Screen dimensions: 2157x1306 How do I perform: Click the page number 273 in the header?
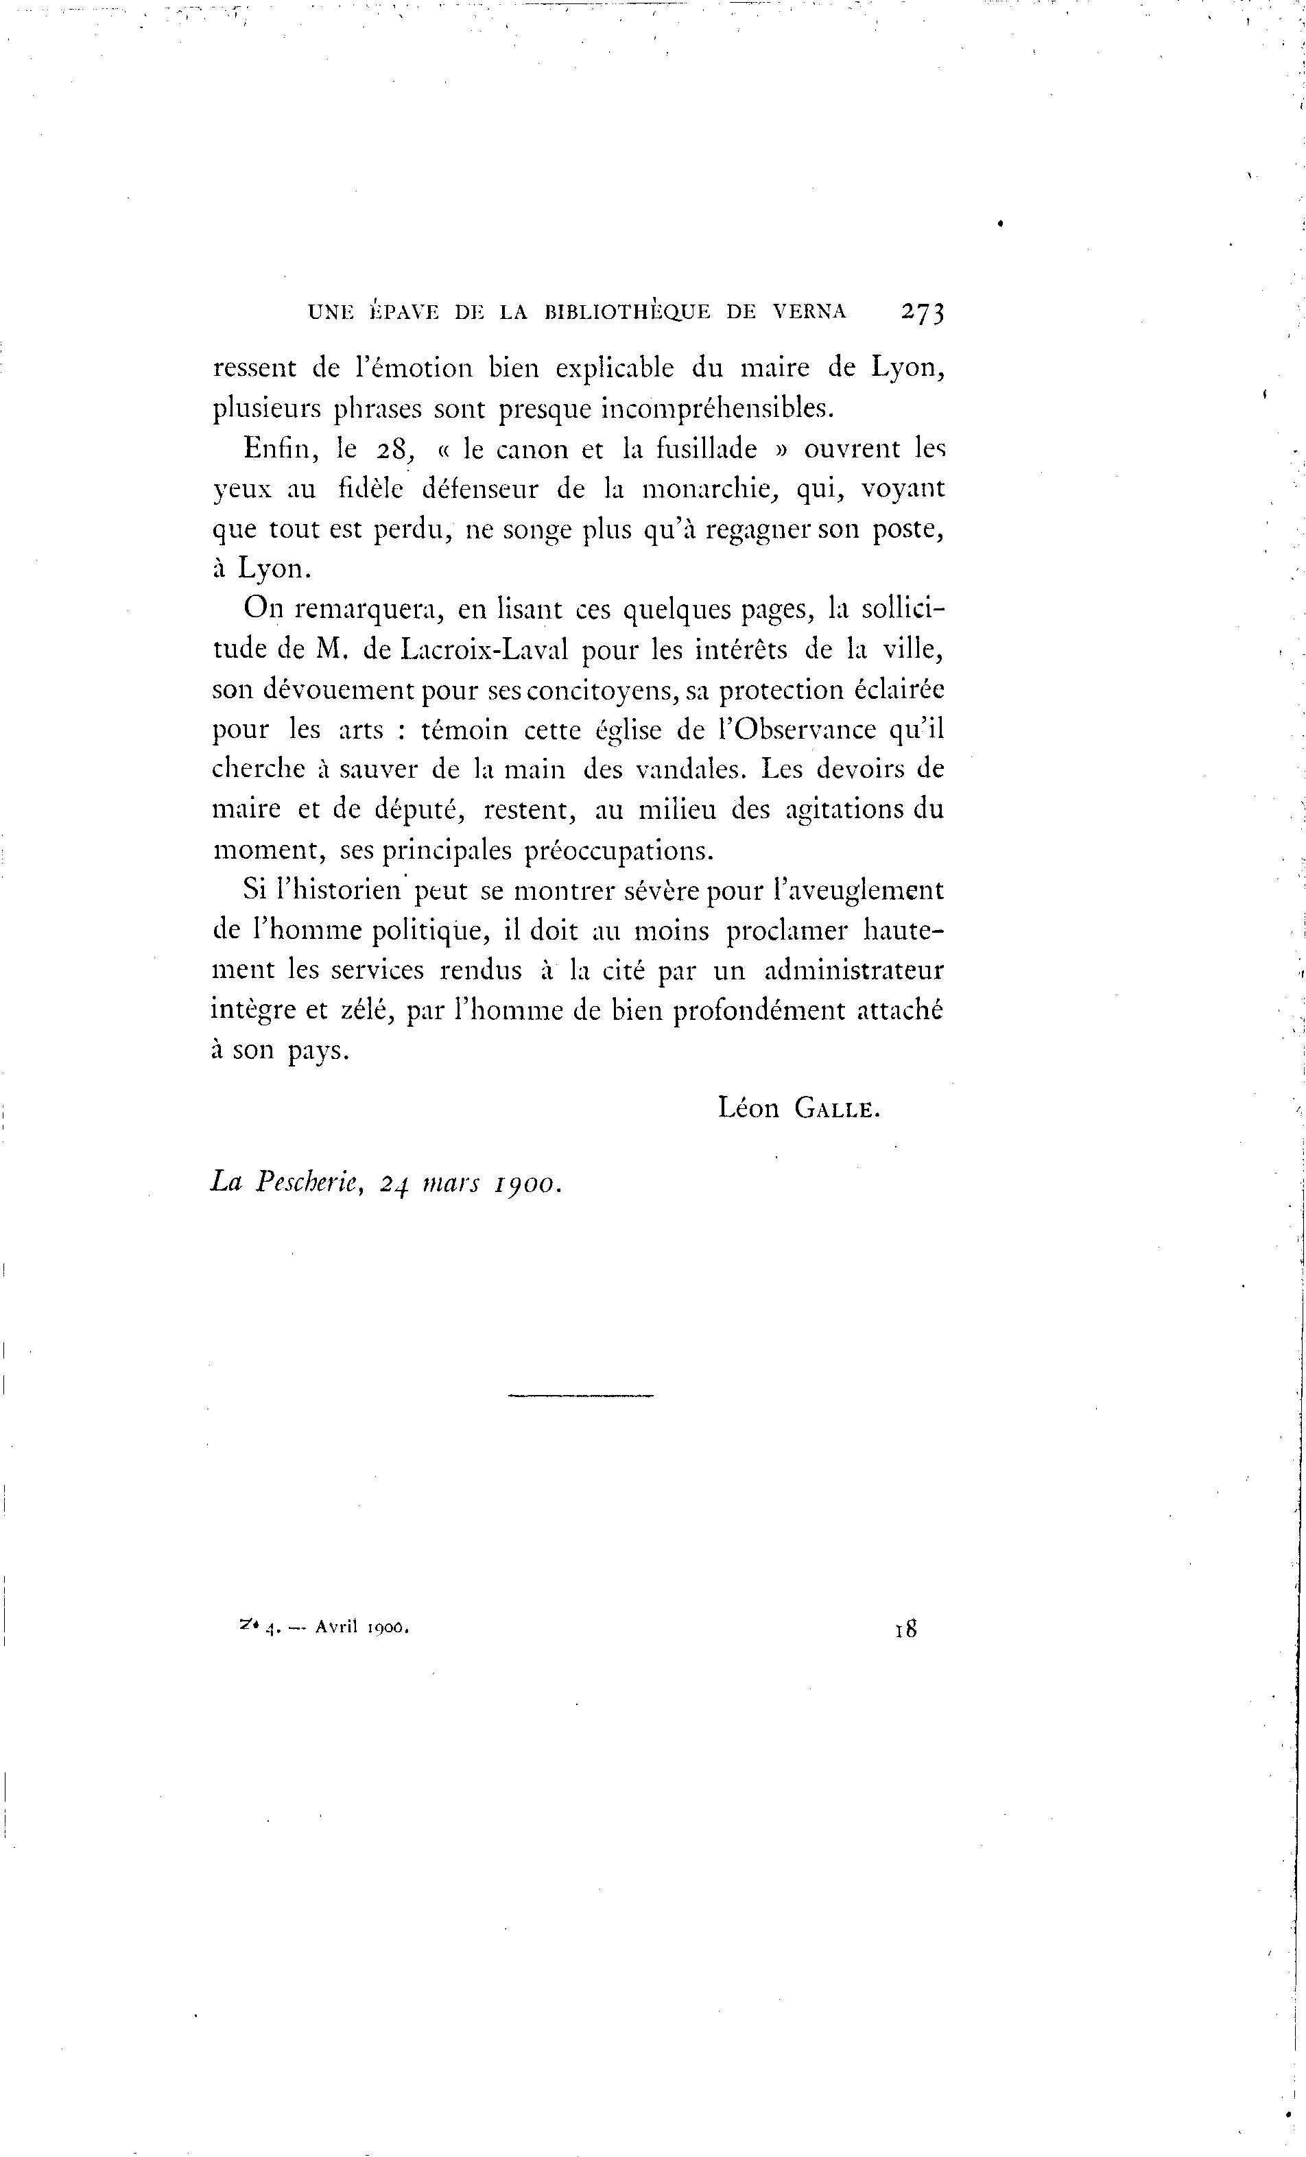coord(920,313)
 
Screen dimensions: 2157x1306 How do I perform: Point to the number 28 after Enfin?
coord(392,450)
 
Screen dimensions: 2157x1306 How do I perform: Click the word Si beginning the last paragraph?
coord(254,890)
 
